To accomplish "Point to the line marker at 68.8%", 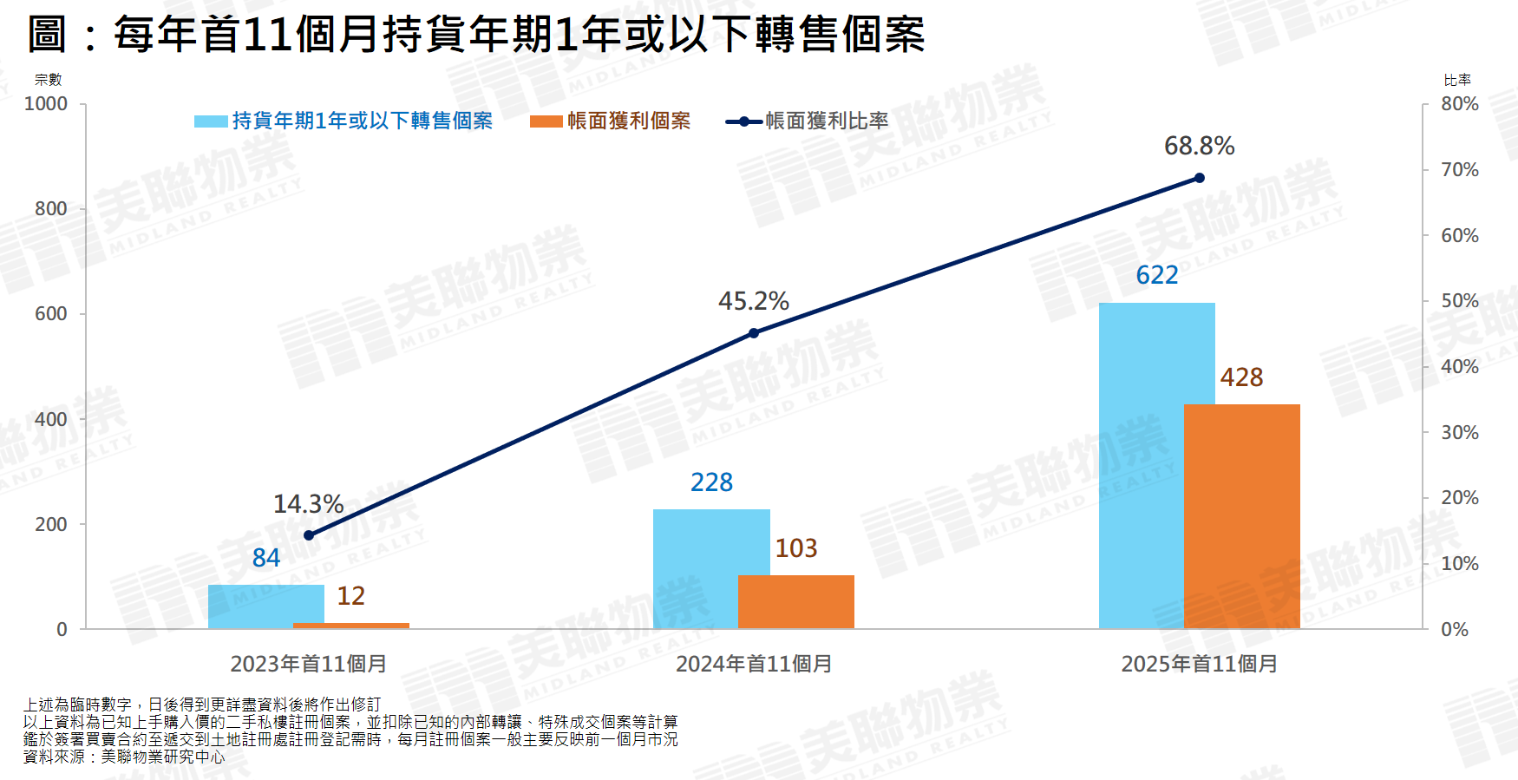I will pos(1200,178).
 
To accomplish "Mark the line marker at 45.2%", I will pos(754,333).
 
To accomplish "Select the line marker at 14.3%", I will pos(309,535).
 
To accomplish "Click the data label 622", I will pos(1157,275).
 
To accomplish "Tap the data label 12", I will pos(351,596).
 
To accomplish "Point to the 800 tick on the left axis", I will pos(50,209).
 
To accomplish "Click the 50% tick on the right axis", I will pos(1460,301).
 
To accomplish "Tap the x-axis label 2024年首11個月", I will pos(754,664).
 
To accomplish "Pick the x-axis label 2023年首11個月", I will pos(309,664).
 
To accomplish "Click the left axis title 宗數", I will pos(49,80).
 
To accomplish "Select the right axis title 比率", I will pos(1457,80).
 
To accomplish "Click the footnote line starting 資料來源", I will pos(124,757).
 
